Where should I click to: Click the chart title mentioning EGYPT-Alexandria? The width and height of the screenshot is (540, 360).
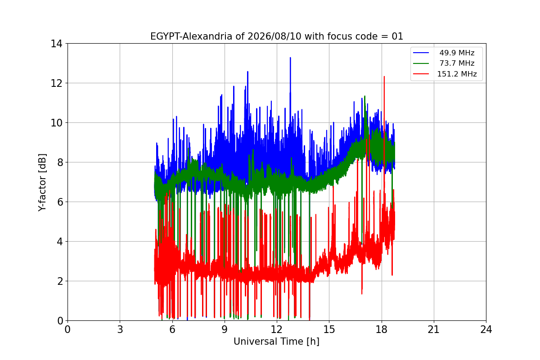(x=276, y=36)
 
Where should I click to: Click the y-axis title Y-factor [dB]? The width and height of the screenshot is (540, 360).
(x=42, y=183)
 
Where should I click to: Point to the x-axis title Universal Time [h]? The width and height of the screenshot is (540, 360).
(x=276, y=342)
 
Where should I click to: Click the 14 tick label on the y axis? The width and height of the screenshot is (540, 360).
(x=56, y=44)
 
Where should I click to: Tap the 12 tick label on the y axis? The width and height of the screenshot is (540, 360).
(x=56, y=83)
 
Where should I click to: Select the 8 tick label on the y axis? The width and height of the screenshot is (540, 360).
(x=59, y=162)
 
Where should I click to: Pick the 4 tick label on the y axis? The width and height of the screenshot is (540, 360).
(x=59, y=241)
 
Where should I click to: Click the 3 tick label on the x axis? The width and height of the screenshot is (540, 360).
(x=120, y=329)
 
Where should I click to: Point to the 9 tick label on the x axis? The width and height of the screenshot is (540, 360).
(x=225, y=329)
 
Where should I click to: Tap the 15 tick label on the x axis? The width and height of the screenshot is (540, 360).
(x=329, y=329)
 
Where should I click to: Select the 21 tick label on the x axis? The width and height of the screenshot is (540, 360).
(x=434, y=329)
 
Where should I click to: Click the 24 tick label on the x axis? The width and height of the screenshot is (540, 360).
(x=486, y=329)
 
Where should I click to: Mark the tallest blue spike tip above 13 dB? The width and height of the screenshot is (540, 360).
(x=290, y=58)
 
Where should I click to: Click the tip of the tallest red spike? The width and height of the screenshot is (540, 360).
(x=384, y=76)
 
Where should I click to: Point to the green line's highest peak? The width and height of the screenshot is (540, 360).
(x=365, y=96)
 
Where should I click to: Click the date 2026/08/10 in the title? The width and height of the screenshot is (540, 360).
(x=274, y=36)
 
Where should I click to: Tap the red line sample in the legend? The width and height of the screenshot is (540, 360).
(x=421, y=74)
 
